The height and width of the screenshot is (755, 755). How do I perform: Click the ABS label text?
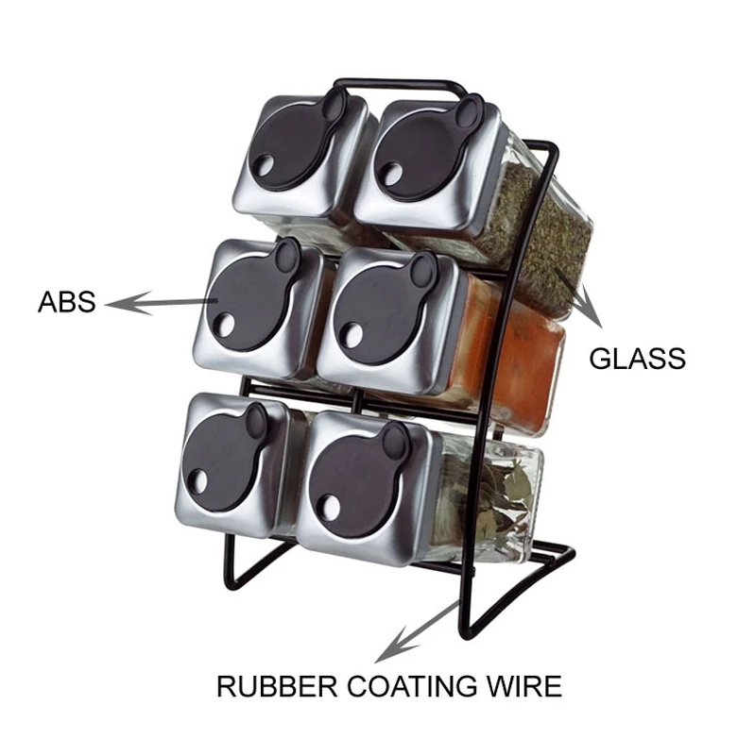tap(66, 304)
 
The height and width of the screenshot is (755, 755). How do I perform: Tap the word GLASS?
tap(637, 359)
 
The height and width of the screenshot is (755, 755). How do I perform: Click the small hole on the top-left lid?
tap(264, 173)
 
